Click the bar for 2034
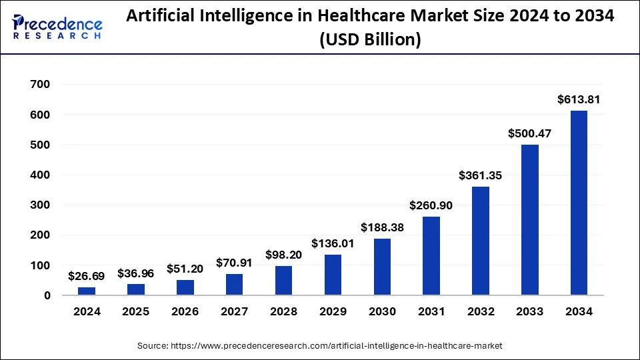[579, 203]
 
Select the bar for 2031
[431, 255]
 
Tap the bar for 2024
[87, 291]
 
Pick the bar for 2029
[333, 274]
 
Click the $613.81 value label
[579, 100]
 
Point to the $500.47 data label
[529, 134]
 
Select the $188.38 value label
[382, 227]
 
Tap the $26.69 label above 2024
[87, 276]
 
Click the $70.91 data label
[234, 263]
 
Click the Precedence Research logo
[57, 27]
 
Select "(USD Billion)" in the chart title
[370, 40]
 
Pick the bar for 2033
[529, 220]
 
